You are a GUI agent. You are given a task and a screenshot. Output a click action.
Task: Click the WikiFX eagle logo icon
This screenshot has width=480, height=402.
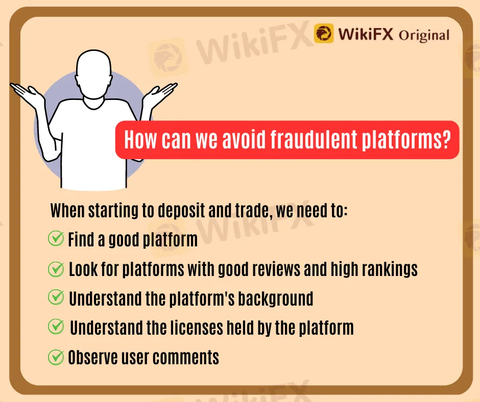[324, 33]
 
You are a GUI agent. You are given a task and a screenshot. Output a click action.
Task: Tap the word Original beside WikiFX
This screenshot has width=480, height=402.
[424, 35]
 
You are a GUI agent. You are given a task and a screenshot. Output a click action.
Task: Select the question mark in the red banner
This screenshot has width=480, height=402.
[447, 139]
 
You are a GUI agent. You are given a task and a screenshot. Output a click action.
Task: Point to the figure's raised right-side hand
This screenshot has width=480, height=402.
[160, 94]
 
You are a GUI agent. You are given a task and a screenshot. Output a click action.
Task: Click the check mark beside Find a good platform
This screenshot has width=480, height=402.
[56, 239]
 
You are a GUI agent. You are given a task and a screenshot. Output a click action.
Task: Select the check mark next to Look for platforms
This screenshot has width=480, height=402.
[56, 269]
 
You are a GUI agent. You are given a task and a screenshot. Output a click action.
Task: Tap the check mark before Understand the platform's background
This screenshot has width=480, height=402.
[56, 297]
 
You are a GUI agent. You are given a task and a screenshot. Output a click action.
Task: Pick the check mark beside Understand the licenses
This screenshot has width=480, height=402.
[56, 326]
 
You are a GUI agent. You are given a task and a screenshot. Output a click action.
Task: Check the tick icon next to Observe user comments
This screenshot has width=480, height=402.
[56, 357]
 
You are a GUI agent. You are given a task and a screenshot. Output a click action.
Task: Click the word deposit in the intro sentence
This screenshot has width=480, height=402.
[181, 211]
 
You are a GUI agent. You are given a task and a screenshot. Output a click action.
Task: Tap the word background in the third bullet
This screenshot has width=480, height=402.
[276, 298]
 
